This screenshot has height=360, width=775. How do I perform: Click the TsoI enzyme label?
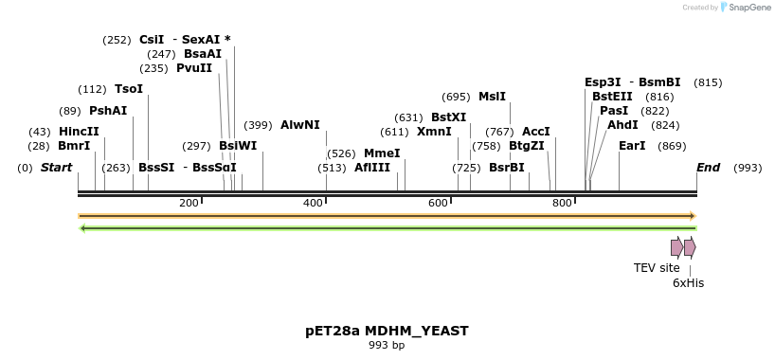pyautogui.click(x=129, y=89)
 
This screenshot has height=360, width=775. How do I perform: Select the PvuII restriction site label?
pyautogui.click(x=194, y=68)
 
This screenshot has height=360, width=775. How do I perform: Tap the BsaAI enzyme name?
pyautogui.click(x=203, y=54)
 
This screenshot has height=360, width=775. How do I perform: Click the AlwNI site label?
pyautogui.click(x=300, y=125)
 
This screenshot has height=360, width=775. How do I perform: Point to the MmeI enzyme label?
pyautogui.click(x=382, y=153)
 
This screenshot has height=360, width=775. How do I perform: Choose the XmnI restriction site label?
pyautogui.click(x=434, y=132)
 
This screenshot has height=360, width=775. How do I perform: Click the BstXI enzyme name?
pyautogui.click(x=449, y=117)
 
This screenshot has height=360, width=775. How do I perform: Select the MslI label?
pyautogui.click(x=492, y=97)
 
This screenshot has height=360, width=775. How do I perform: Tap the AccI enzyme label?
pyautogui.click(x=536, y=132)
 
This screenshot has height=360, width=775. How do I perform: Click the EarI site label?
pyautogui.click(x=632, y=146)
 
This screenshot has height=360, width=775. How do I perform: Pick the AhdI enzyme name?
pyautogui.click(x=623, y=125)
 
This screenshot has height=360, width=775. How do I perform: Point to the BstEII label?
pyautogui.click(x=612, y=97)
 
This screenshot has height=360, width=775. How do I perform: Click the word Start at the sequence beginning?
pyautogui.click(x=57, y=168)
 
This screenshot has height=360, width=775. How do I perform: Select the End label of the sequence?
pyautogui.click(x=709, y=168)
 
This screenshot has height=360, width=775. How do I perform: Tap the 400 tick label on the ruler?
pyautogui.click(x=314, y=204)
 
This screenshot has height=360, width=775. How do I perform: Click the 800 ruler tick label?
pyautogui.click(x=562, y=204)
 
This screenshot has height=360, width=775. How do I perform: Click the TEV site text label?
pyautogui.click(x=657, y=268)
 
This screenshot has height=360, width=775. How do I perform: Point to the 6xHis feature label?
pyautogui.click(x=688, y=282)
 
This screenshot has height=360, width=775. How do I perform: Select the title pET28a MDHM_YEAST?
pyautogui.click(x=387, y=331)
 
